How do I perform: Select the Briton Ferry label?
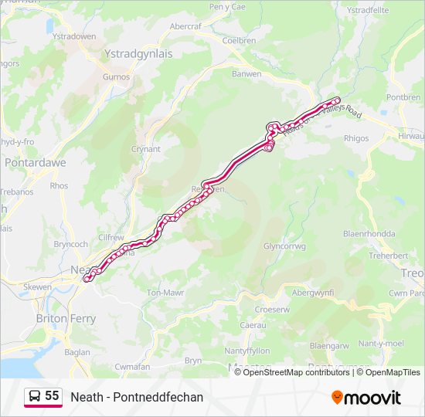(x=66, y=318)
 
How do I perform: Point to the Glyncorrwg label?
(x=285, y=246)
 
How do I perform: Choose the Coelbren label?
(x=239, y=40)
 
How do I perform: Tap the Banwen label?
(x=246, y=74)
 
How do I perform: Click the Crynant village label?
(x=146, y=149)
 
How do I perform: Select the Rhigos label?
(x=355, y=139)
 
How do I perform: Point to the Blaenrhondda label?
(x=369, y=234)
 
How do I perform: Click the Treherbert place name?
(x=388, y=255)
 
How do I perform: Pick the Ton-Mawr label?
(x=164, y=293)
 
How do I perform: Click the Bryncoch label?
(x=71, y=243)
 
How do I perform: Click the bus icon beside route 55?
(x=35, y=396)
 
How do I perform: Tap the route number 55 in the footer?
(x=52, y=396)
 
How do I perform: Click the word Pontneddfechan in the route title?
(x=165, y=397)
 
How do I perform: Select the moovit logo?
(x=366, y=397)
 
